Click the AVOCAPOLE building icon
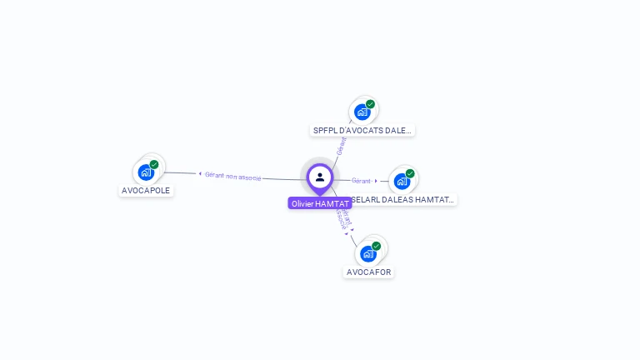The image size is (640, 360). pos(146,172)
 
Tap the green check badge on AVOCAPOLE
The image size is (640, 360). pos(154,164)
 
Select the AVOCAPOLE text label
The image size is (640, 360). pos(146,190)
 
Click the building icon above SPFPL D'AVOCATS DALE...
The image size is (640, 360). pos(362,112)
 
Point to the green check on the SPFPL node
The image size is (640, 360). pos(370,104)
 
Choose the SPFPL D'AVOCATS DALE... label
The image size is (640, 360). pos(362,130)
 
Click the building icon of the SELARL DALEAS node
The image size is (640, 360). pos(402,181)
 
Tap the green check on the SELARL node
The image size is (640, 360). pos(410,173)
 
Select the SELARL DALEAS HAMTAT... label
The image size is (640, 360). pos(404,200)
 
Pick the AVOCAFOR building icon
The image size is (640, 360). pos(367,253)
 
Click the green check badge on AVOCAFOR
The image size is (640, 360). pos(376,246)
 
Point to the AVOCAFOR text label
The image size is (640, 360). pos(368,272)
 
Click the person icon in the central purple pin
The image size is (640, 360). pos(320,177)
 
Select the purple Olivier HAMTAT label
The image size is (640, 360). pos(320,203)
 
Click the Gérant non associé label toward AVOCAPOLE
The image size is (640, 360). pos(233,176)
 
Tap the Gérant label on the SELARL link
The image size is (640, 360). pos(361,181)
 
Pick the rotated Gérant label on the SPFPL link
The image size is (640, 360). pos(341,146)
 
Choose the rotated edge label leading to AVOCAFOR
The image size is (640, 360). pos(342,218)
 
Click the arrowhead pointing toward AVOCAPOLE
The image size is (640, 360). pos(200,174)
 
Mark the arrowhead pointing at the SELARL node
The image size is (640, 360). pos(376,181)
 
